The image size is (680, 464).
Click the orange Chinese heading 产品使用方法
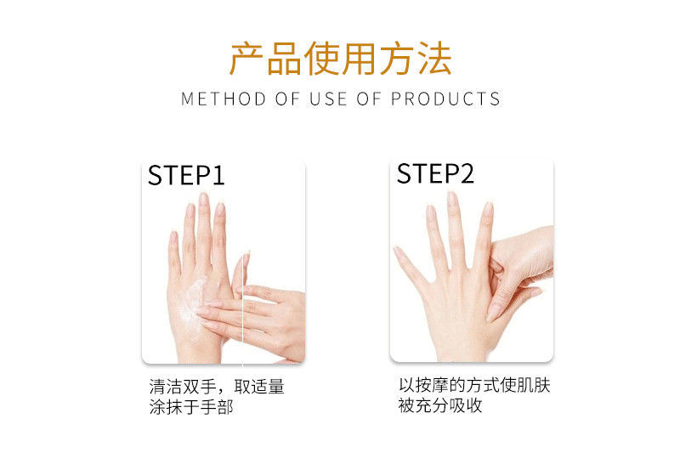(x=341, y=59)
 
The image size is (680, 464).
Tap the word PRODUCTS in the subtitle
(x=445, y=99)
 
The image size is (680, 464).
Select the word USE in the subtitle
(x=328, y=99)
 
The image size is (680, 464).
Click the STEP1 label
(x=186, y=175)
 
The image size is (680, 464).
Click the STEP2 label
(x=435, y=173)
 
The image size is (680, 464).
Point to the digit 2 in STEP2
(x=466, y=173)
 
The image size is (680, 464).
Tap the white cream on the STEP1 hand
(x=196, y=298)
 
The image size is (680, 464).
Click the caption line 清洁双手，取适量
(x=217, y=386)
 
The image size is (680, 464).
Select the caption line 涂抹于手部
(x=190, y=407)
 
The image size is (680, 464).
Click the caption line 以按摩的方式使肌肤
(x=474, y=385)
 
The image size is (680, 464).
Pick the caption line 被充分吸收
(x=440, y=405)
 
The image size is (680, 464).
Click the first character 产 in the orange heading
(x=246, y=59)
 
